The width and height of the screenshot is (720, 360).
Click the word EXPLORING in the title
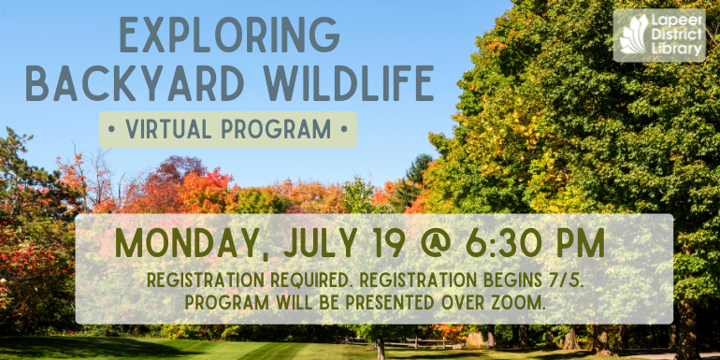click(x=229, y=36)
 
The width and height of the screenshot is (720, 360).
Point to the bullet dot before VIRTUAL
click(x=112, y=129)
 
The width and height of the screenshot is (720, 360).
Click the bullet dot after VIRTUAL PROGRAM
click(x=343, y=129)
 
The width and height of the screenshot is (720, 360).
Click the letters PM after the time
click(x=578, y=245)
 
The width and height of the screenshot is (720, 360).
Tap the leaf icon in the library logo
click(x=634, y=35)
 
